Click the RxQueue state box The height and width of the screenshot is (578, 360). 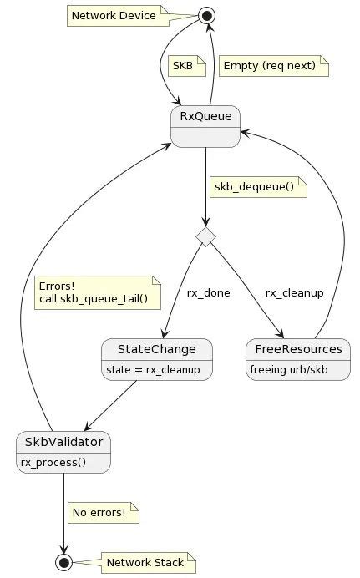[x=205, y=126]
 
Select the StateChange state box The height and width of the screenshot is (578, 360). [x=156, y=358]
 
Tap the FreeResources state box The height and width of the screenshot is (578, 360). [x=297, y=358]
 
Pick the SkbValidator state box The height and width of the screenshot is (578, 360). [x=63, y=452]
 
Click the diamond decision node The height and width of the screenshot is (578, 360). [x=205, y=236]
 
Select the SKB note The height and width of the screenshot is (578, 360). [x=181, y=65]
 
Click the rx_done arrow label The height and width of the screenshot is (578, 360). [x=208, y=293]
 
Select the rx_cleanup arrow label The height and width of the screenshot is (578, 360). [x=294, y=293]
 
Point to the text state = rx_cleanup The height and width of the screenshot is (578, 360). [x=154, y=369]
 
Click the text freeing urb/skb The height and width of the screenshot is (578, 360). [x=288, y=369]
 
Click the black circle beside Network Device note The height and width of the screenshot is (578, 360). [x=205, y=16]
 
